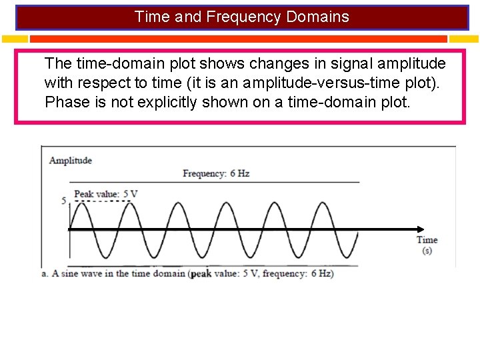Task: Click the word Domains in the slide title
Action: pyautogui.click(x=317, y=17)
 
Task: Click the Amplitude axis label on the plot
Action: pyautogui.click(x=71, y=161)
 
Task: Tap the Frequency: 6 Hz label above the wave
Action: pyautogui.click(x=216, y=174)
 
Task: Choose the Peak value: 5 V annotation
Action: pyautogui.click(x=105, y=194)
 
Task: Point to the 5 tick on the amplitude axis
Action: pyautogui.click(x=64, y=201)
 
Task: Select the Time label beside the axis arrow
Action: pyautogui.click(x=427, y=240)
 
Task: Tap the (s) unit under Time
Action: pyautogui.click(x=427, y=251)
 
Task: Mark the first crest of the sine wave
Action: pyautogui.click(x=81, y=202)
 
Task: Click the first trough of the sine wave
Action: pyautogui.click(x=105, y=258)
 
